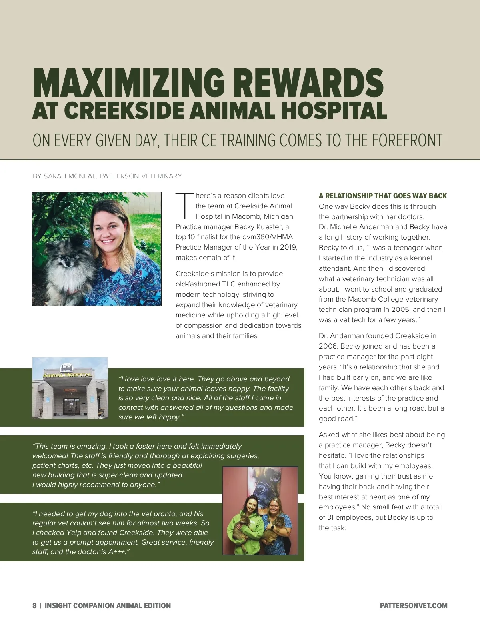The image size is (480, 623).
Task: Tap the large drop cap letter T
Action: (x=184, y=206)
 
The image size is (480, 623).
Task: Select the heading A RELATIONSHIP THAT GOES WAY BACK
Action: (x=383, y=196)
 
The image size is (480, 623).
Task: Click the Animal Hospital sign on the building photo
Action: (x=66, y=375)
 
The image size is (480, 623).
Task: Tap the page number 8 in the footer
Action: (x=34, y=606)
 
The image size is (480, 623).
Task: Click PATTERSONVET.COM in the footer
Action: (x=414, y=606)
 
